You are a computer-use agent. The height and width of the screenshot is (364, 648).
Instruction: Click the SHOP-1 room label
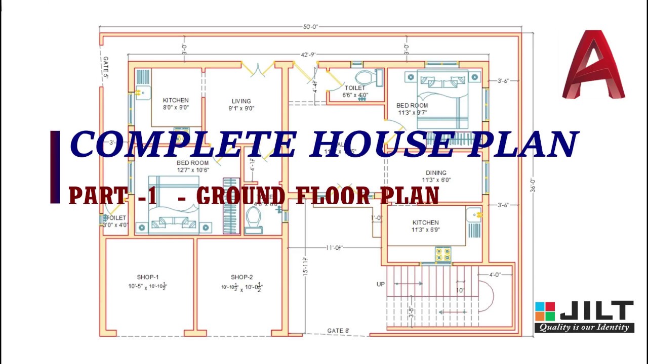point(147,277)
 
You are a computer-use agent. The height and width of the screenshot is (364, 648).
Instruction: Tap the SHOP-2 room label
point(241,277)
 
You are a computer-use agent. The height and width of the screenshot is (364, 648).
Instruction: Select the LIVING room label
point(241,101)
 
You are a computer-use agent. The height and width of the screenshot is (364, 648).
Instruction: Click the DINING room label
point(436,173)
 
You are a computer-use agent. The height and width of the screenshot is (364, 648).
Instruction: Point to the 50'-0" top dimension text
point(310,27)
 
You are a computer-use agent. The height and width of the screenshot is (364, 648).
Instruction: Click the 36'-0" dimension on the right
point(532,185)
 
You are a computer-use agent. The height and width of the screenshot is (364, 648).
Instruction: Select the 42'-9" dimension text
point(308,55)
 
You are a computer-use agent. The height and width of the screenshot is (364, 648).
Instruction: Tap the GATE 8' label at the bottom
point(338,331)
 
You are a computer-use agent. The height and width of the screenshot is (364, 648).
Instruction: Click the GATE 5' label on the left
point(106,68)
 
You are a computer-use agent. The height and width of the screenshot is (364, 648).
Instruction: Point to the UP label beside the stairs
point(381,284)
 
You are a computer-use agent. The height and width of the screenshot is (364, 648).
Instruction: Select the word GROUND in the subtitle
point(240,196)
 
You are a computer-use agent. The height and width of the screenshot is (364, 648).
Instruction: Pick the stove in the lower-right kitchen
point(443,254)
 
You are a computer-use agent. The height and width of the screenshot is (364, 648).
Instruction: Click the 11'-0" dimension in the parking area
point(334,248)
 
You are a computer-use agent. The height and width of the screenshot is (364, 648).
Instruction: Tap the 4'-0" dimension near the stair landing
point(494,275)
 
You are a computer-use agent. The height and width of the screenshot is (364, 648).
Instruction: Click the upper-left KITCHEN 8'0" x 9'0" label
point(176,104)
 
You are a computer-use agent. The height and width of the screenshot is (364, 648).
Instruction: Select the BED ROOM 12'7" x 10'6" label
point(192,166)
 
